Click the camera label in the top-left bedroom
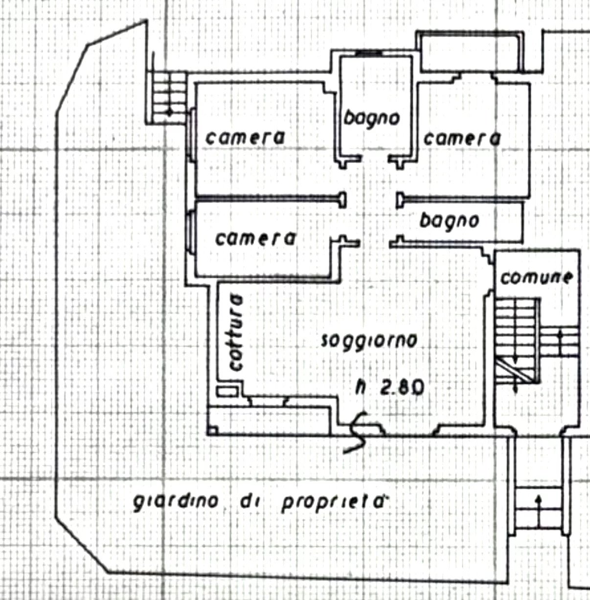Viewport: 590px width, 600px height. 245,138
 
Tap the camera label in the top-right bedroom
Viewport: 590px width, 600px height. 462,138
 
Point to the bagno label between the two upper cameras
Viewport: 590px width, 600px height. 372,118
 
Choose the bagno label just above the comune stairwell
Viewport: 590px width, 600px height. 449,221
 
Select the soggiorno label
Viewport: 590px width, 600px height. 369,341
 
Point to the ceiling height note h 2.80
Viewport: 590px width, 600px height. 390,387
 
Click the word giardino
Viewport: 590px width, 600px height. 176,502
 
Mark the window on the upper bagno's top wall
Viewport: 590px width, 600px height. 369,53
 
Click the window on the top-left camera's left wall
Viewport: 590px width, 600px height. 192,135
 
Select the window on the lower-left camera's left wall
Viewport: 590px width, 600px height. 192,231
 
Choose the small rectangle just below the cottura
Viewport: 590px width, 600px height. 227,391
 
